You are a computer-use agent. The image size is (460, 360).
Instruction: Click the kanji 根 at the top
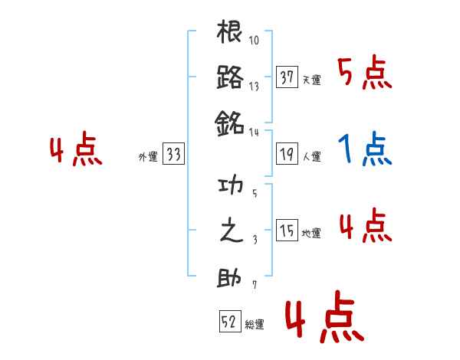230,34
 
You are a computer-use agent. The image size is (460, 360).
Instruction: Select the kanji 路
230,77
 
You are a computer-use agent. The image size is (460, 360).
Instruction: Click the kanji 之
230,232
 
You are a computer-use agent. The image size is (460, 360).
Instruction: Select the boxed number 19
287,154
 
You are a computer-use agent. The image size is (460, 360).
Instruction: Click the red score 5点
365,74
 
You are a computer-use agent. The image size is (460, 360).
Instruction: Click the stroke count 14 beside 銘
255,132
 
